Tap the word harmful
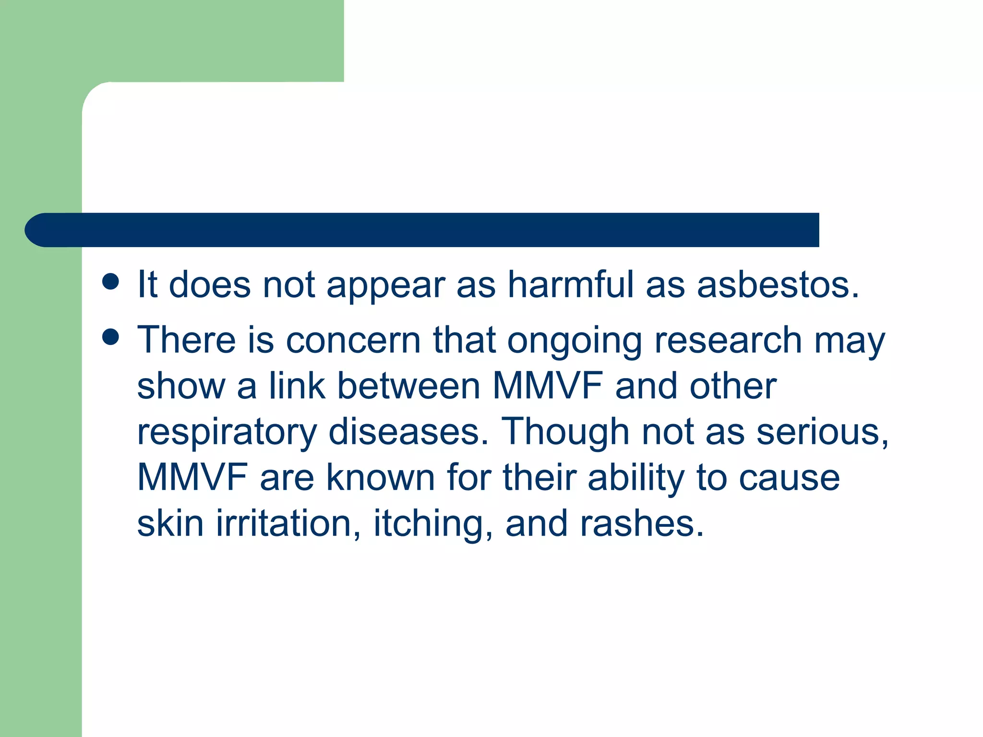[571, 285]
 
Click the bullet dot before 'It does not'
[110, 282]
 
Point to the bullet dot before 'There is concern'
[110, 337]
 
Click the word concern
[353, 341]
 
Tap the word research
[728, 341]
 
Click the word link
[297, 386]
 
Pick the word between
[408, 386]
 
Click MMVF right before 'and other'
[548, 386]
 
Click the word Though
[565, 432]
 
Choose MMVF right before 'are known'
[192, 477]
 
